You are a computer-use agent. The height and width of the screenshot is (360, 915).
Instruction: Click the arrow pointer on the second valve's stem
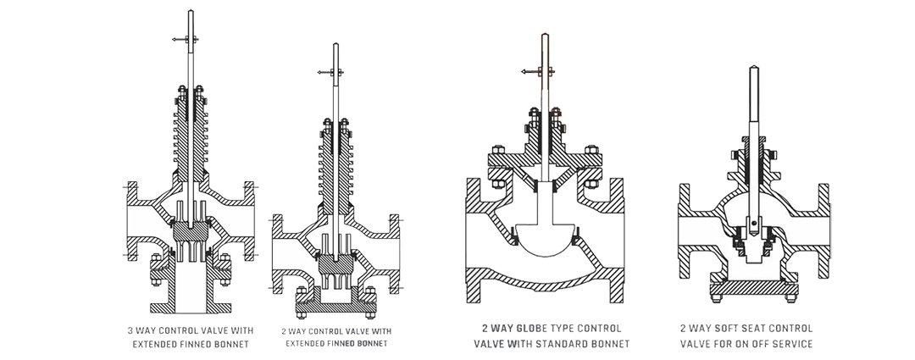pyautogui.click(x=324, y=75)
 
